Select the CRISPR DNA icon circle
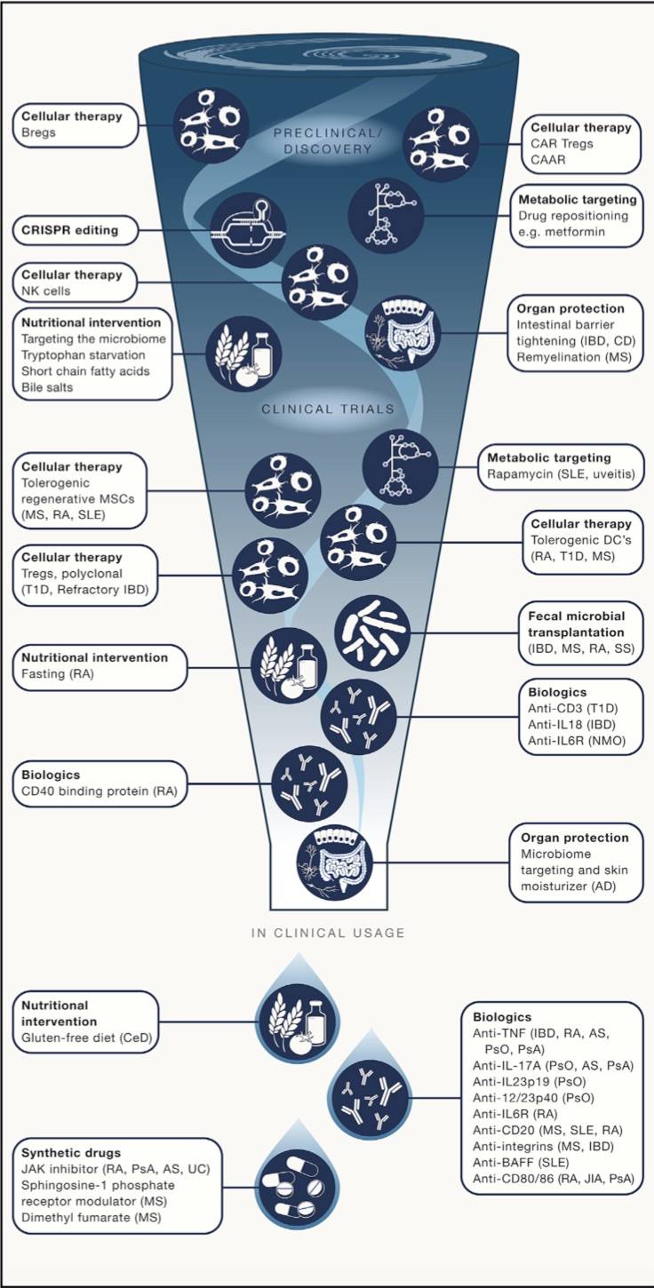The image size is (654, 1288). (x=250, y=229)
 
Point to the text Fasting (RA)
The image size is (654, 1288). (x=56, y=674)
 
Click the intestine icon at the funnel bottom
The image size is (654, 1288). (x=336, y=861)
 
